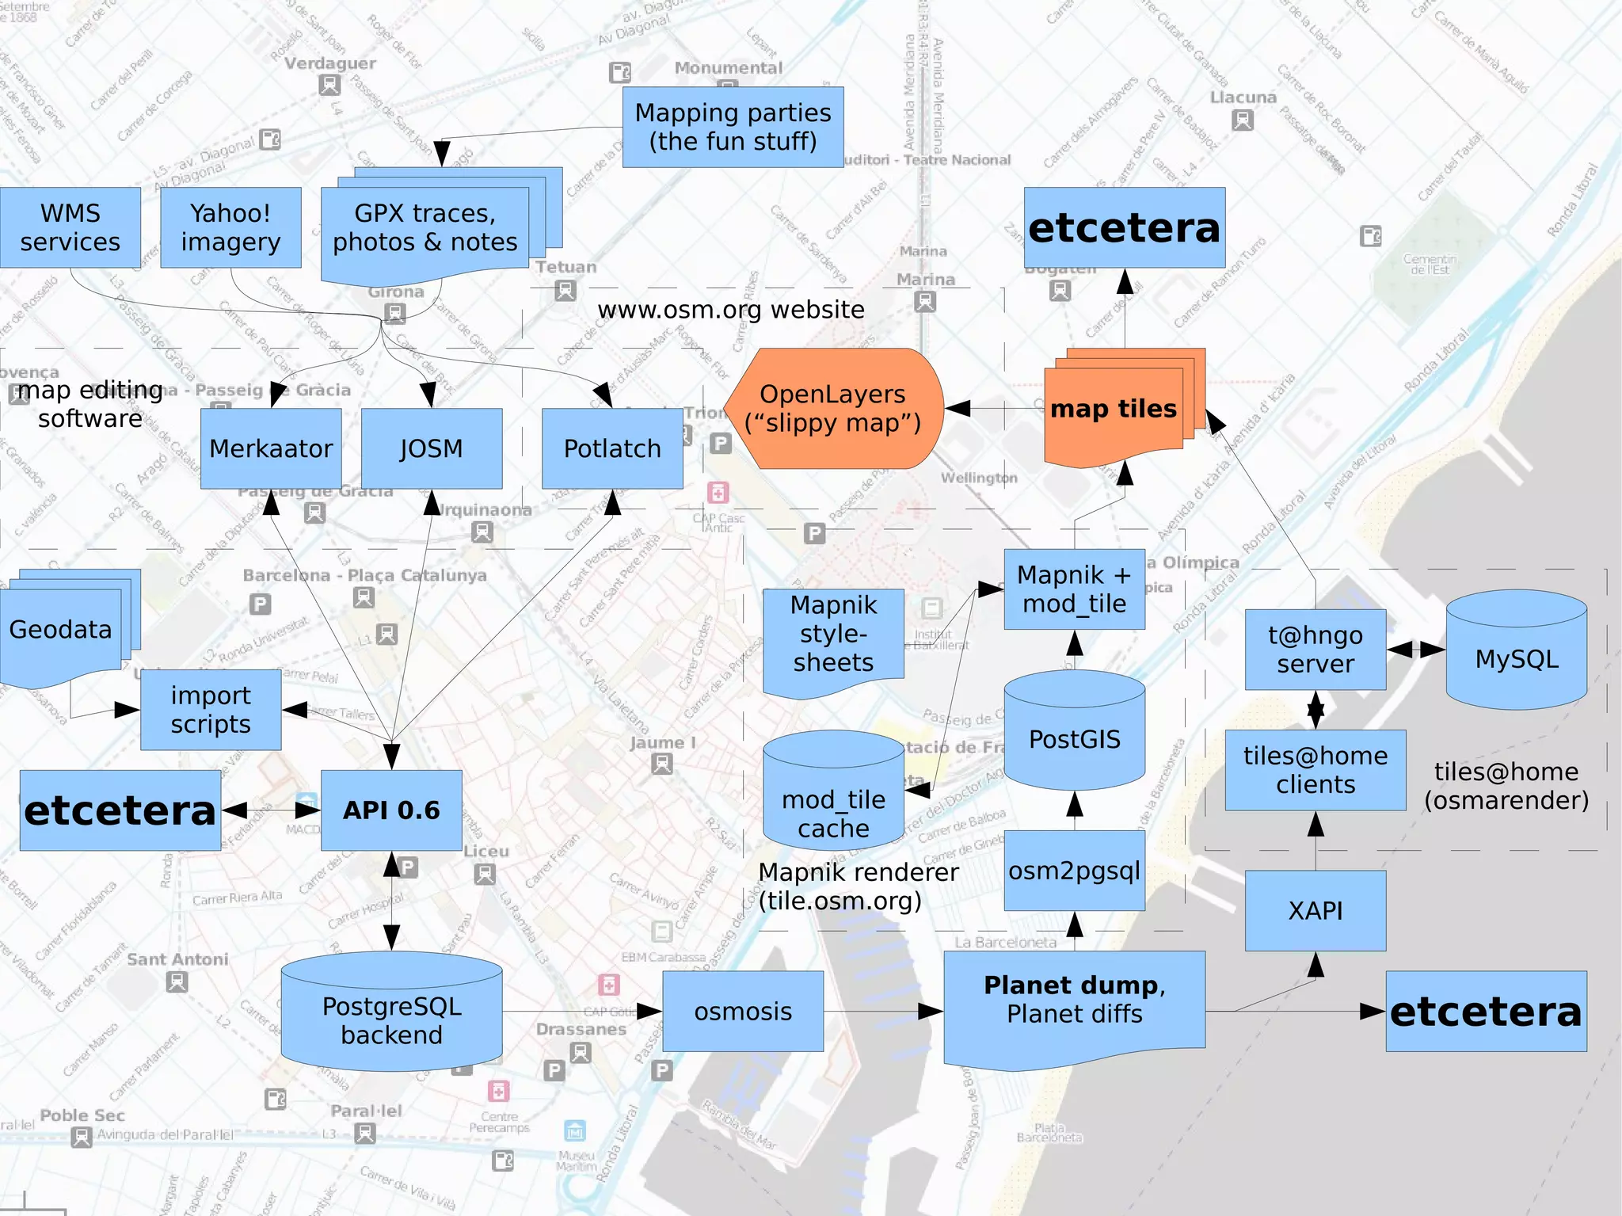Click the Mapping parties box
point(733,127)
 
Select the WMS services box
point(70,227)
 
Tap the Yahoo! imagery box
point(230,227)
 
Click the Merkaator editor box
point(271,448)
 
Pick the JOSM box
point(432,448)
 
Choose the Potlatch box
point(612,448)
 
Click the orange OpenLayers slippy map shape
point(833,409)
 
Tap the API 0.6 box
point(391,810)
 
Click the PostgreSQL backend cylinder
point(391,1018)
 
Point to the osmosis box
point(743,1012)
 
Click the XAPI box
point(1315,911)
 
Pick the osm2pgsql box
point(1074,871)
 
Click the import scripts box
point(211,710)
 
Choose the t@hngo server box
point(1315,650)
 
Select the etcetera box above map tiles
point(1125,227)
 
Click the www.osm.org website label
point(730,310)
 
